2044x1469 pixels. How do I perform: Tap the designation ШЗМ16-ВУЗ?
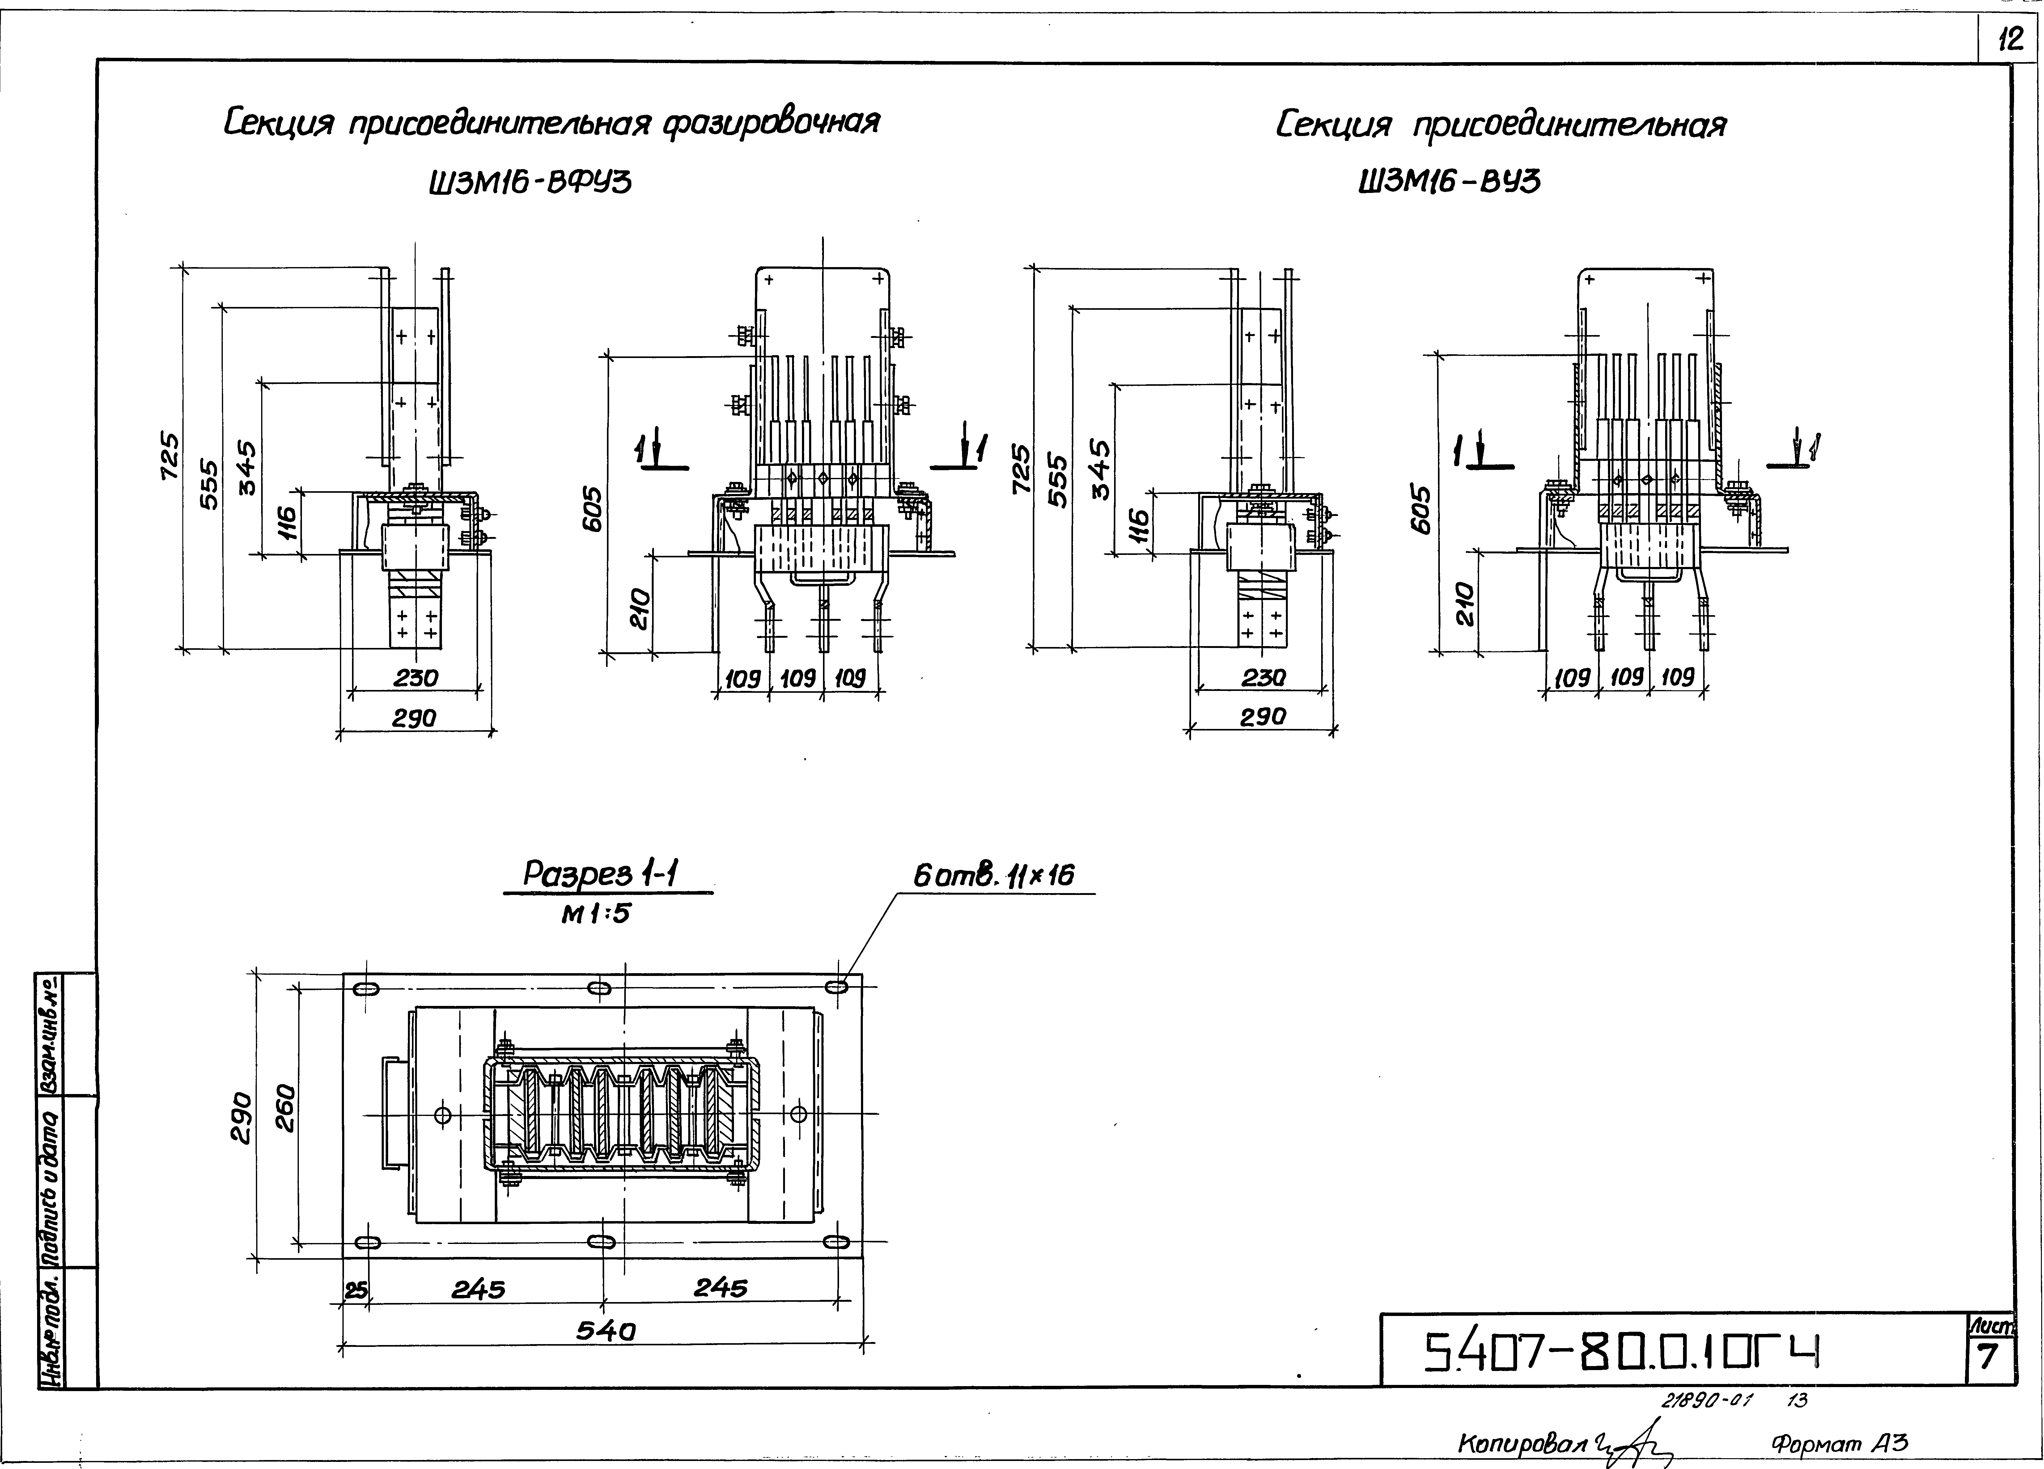point(1449,183)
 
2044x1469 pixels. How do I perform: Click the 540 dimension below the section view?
point(606,1330)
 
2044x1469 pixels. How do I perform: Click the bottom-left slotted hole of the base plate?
point(367,1243)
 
